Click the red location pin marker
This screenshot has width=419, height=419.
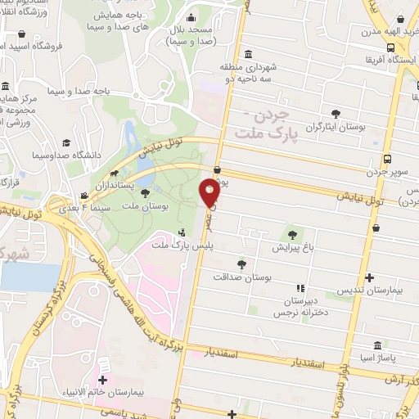(209, 193)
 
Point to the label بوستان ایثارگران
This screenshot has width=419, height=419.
(334, 128)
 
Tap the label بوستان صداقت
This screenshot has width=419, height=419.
(241, 278)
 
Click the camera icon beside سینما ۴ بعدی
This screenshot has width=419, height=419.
(84, 196)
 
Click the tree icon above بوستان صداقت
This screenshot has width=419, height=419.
(241, 264)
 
